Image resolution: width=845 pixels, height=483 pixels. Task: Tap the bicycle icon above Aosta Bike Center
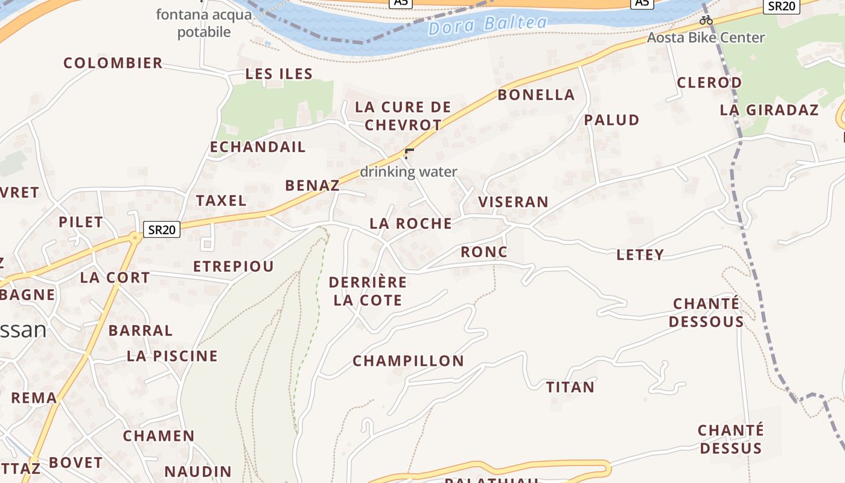pos(706,21)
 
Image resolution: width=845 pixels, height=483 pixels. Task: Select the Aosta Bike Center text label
pos(706,37)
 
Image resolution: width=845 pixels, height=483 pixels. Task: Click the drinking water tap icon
pos(409,153)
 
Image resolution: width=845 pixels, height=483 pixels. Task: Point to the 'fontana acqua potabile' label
pos(204,23)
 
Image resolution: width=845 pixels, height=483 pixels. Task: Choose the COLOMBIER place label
pos(113,63)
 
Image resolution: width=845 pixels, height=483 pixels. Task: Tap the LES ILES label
pos(279,74)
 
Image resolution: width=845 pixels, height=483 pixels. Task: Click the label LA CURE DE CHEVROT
pos(403,116)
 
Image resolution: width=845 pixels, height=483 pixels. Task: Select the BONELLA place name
pos(536,95)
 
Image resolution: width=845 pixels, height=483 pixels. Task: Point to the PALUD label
pos(611,120)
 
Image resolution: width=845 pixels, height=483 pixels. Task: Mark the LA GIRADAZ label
pos(769,110)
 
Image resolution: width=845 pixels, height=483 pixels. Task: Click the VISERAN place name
pos(513,202)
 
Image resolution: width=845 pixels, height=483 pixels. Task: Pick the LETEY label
pos(640,255)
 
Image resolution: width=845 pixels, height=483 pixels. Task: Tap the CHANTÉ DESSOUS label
pos(706,312)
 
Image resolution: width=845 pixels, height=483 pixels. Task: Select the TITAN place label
pos(570,387)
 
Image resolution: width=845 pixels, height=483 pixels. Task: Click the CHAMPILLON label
pos(408,361)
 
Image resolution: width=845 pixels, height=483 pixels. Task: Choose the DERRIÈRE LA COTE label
pos(368,291)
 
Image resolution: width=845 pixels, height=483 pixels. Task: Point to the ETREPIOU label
pos(233,266)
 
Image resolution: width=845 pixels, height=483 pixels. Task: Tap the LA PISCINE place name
pos(172,356)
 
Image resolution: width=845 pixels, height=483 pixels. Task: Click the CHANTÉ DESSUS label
pos(730,439)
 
